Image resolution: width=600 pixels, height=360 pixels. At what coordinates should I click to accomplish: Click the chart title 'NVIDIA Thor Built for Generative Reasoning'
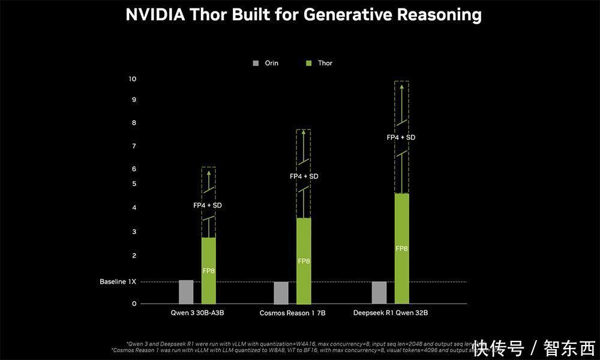click(x=303, y=15)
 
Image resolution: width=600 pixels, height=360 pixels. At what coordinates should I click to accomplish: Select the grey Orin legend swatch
click(x=256, y=63)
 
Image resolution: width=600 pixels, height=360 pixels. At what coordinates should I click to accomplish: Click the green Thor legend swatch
click(x=309, y=63)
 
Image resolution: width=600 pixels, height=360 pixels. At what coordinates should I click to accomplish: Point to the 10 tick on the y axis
click(x=133, y=79)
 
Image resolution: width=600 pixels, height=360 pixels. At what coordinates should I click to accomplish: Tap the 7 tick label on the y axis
click(x=134, y=146)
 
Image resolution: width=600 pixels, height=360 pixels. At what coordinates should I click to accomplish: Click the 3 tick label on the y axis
click(x=134, y=232)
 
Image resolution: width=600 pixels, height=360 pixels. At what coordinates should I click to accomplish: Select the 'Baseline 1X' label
click(x=118, y=281)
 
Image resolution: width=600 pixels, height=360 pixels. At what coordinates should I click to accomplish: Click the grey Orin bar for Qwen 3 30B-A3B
click(x=186, y=292)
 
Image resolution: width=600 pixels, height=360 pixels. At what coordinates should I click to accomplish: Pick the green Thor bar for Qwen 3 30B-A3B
click(x=209, y=270)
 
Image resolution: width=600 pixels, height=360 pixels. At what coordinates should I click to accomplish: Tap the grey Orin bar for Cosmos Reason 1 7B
click(x=281, y=292)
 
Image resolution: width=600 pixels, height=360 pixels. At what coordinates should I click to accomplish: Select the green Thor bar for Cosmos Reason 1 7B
click(x=304, y=260)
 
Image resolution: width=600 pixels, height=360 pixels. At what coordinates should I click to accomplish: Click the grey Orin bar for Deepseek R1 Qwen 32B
click(x=379, y=292)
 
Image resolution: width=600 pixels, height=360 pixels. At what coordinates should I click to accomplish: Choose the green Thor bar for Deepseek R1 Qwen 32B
click(x=401, y=248)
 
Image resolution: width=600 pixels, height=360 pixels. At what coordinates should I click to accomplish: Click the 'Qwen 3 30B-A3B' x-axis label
click(x=197, y=313)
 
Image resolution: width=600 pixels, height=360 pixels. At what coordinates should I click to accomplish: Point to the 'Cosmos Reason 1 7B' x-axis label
click(x=292, y=313)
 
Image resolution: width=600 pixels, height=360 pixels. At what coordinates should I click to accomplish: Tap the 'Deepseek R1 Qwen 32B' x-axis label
click(x=391, y=313)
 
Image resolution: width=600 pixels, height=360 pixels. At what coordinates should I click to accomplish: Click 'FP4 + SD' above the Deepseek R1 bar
click(x=401, y=137)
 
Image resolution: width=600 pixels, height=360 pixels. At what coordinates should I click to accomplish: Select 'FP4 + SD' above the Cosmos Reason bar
click(x=304, y=176)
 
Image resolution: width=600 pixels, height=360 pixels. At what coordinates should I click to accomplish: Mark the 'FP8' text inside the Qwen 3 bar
click(x=209, y=271)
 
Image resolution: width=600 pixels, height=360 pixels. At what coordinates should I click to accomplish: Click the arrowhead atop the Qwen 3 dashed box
click(x=209, y=173)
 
